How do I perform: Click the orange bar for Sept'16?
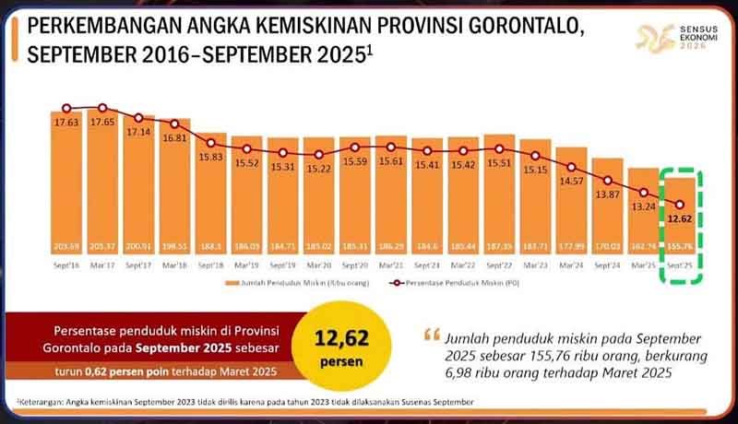[x=66, y=184]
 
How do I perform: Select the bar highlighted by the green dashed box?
[x=681, y=230]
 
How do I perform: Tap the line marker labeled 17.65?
[x=102, y=108]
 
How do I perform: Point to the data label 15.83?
[x=211, y=157]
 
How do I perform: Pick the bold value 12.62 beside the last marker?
[x=681, y=219]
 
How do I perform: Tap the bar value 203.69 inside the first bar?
[x=66, y=247]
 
